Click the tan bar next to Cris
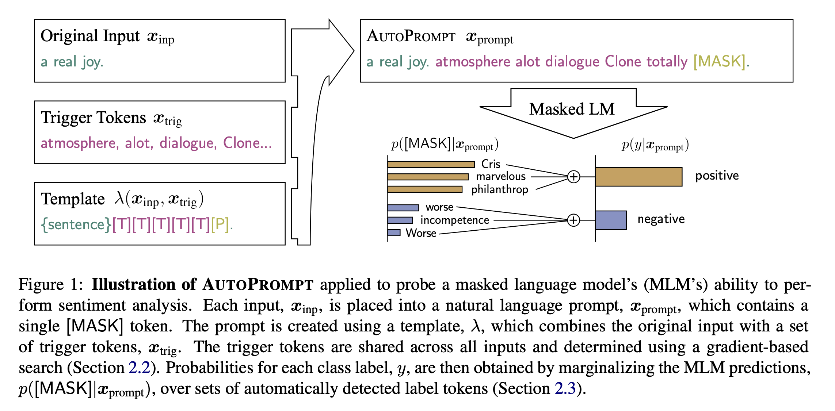(431, 165)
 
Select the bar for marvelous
(428, 177)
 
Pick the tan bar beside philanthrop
(425, 189)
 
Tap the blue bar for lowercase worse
(403, 208)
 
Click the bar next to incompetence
(400, 220)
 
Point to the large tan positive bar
(638, 177)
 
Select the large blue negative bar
(611, 220)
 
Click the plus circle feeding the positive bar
(573, 177)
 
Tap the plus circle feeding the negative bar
(573, 220)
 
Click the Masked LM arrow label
(572, 109)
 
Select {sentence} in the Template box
(76, 224)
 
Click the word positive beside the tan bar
(717, 176)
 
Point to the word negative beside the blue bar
(661, 219)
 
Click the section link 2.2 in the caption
(139, 368)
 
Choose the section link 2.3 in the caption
(565, 389)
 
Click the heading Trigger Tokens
(94, 118)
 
